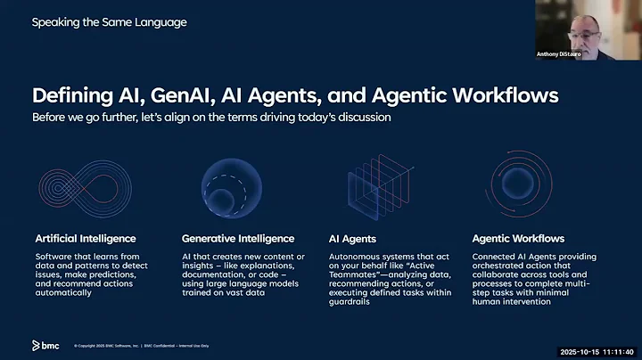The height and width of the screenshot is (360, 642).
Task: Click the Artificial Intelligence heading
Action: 86,239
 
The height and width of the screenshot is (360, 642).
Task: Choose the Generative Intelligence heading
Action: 237,239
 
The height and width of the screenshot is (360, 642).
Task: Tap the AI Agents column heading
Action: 352,239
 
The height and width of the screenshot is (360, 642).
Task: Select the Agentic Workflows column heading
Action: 517,239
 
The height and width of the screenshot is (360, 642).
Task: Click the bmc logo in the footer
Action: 46,344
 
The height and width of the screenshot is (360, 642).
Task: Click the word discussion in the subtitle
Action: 360,118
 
